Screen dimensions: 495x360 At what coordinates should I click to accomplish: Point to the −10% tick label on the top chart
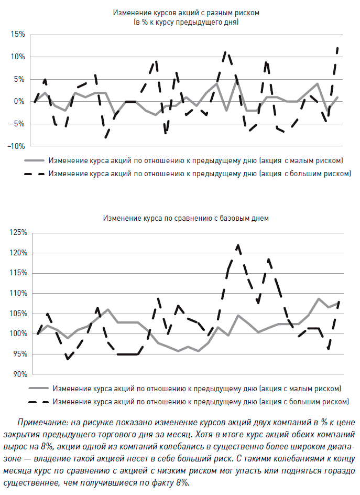pos(16,146)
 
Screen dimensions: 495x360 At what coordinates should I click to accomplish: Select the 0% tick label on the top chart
pos(19,101)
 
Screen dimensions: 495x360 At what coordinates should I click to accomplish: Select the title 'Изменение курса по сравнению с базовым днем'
pos(186,218)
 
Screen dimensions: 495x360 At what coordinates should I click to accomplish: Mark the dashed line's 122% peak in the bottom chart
pos(238,245)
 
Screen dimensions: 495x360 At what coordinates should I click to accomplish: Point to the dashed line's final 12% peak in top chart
pos(337,48)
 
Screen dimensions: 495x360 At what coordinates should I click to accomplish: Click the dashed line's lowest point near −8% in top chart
pos(106,137)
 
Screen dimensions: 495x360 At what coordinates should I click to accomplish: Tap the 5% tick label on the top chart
pos(19,79)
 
